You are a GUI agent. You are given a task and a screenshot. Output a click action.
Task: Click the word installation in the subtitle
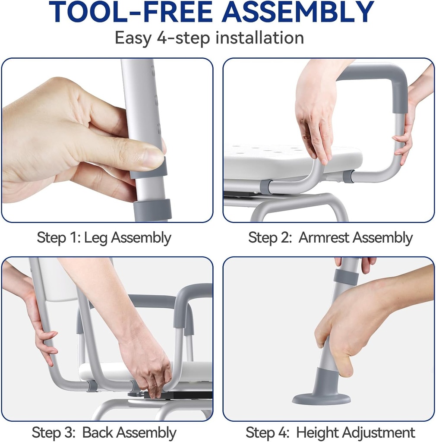259,38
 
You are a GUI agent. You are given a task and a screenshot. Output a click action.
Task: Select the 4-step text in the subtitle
183,38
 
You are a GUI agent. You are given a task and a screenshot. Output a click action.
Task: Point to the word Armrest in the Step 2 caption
324,237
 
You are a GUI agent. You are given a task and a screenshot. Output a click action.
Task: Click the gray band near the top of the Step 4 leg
346,277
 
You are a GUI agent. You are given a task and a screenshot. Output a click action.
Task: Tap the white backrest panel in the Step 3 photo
58,279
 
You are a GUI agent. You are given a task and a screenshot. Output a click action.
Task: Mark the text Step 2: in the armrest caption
270,238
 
